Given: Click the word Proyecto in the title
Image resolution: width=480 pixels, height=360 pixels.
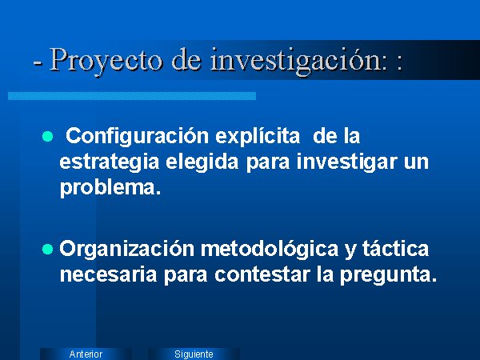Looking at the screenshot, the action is click(106, 60).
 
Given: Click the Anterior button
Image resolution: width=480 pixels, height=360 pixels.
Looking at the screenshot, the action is click(86, 354).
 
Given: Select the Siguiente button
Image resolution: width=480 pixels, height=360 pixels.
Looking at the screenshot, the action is click(194, 354).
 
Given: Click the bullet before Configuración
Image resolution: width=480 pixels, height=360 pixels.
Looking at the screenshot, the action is click(47, 136).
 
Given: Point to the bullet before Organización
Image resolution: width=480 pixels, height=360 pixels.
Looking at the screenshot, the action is click(47, 249).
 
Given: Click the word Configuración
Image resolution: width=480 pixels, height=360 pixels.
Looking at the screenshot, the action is click(137, 137).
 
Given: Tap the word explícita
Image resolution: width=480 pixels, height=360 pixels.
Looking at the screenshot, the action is click(258, 137).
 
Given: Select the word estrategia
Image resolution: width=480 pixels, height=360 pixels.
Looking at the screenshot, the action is click(110, 162).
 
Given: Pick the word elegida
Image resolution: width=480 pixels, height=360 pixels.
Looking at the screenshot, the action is click(202, 162).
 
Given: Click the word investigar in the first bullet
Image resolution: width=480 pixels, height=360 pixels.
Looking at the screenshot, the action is click(347, 162).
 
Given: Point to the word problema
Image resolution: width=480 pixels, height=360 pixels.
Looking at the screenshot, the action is click(110, 188).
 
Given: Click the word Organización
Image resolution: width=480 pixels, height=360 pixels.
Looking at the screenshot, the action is click(126, 249).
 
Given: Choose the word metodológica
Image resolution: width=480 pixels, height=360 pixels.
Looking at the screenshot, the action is click(270, 249).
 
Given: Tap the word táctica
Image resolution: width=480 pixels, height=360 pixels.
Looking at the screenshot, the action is click(395, 249).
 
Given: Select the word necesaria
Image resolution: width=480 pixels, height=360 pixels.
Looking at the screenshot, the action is click(108, 274).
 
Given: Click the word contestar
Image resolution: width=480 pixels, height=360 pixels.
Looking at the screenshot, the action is click(262, 274).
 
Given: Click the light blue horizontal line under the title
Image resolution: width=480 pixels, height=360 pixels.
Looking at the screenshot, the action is click(132, 96).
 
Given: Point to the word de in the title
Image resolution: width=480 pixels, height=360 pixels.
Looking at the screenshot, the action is click(186, 60).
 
